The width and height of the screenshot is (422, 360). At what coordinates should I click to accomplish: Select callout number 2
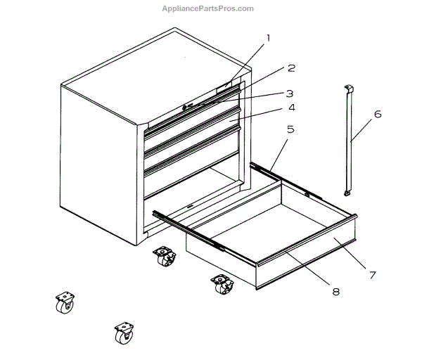290,69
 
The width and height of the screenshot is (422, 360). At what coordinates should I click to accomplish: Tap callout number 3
289,93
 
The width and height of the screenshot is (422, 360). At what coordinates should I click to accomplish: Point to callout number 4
290,108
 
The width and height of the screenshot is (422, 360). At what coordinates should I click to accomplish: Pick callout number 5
290,130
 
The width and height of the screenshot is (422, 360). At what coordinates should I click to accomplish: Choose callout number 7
373,275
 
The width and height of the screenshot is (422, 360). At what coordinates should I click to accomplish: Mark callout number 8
335,291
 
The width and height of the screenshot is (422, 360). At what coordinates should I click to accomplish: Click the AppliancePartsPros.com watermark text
207,8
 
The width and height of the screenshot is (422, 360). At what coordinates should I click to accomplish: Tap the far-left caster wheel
65,304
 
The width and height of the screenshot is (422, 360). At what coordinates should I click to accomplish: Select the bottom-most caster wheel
124,332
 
